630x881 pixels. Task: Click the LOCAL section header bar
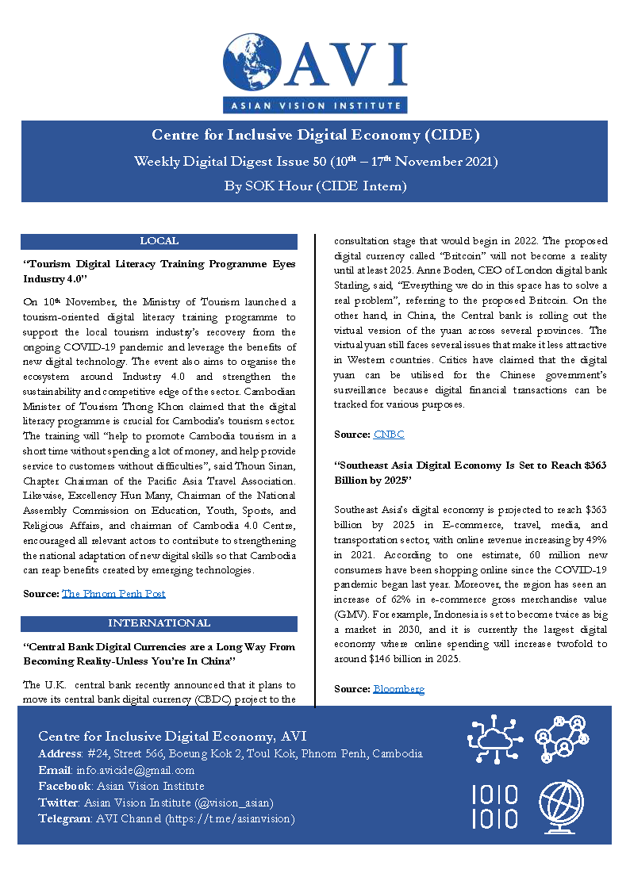tap(159, 241)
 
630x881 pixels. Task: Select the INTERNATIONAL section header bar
tap(159, 623)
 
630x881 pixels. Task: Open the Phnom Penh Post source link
tap(113, 593)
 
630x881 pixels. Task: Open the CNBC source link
tap(389, 435)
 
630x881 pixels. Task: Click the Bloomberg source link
tap(398, 689)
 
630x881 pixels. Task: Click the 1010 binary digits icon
tap(495, 806)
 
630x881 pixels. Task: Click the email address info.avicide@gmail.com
tap(135, 770)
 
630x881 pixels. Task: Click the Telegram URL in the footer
tap(229, 818)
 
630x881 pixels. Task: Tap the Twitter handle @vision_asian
tap(240, 802)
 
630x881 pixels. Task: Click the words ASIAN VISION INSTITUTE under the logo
tap(315, 105)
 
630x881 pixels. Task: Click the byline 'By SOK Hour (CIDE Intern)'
tap(315, 186)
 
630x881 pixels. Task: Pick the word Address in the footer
tap(59, 754)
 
